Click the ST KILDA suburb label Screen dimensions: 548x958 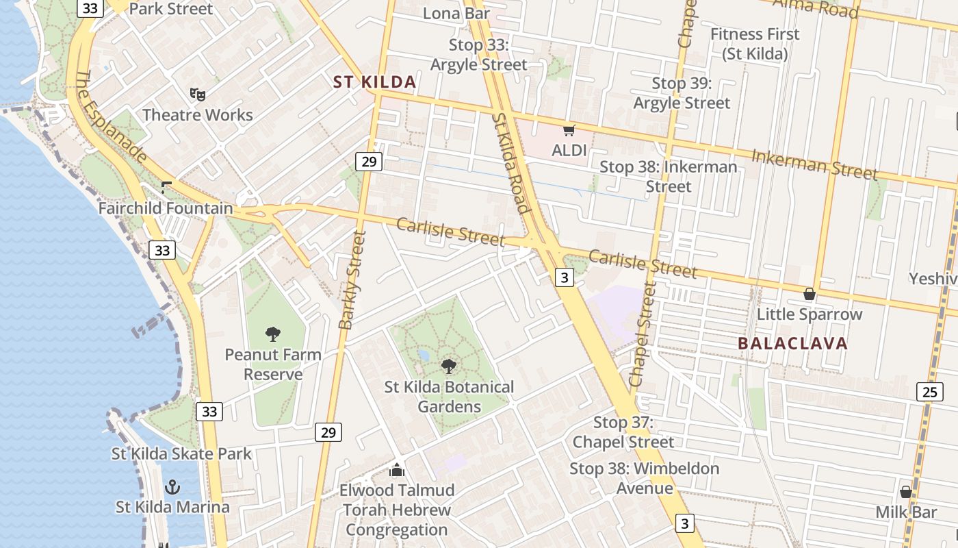(x=374, y=83)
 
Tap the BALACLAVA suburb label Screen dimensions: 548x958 (x=793, y=344)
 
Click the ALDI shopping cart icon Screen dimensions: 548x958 (x=569, y=130)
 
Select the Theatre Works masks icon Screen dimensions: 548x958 (x=198, y=94)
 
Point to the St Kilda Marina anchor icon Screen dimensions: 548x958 (x=172, y=487)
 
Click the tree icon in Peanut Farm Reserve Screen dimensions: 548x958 (x=273, y=334)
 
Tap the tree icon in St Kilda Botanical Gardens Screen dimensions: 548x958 (x=449, y=366)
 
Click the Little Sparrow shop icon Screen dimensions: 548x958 (x=810, y=294)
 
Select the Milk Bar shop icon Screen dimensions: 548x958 (x=906, y=492)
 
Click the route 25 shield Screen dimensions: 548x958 (x=929, y=392)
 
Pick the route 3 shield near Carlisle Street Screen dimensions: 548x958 (x=564, y=277)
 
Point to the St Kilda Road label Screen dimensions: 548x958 (x=510, y=163)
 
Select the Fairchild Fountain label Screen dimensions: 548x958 (x=166, y=208)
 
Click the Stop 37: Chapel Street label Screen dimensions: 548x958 (x=623, y=432)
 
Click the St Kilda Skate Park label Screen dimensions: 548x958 (x=181, y=453)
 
